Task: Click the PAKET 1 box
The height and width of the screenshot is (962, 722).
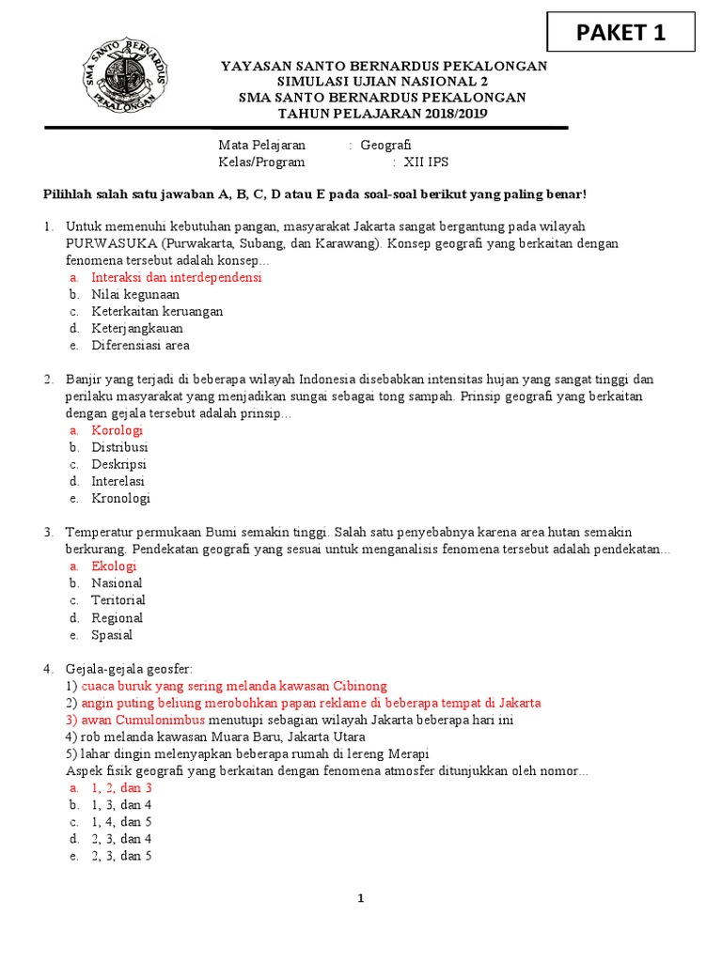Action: (x=620, y=32)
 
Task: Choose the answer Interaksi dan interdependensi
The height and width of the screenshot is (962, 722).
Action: (x=177, y=277)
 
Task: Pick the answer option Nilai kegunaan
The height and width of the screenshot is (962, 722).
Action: (x=135, y=294)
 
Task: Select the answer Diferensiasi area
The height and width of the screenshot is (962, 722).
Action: (x=140, y=345)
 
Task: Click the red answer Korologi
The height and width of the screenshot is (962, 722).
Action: (x=117, y=430)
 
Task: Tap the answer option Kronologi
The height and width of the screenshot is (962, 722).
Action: (x=120, y=498)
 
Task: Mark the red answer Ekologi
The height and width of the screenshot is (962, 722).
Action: (x=114, y=566)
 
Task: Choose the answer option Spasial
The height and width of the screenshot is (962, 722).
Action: (x=112, y=634)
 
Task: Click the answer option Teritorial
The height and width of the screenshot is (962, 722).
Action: (x=118, y=600)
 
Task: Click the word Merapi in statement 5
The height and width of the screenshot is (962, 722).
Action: (x=407, y=753)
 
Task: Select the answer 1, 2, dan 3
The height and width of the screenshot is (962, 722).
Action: (x=121, y=788)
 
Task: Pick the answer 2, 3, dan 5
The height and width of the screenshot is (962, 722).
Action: (x=121, y=856)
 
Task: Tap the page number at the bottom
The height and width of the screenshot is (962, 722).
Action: (x=360, y=899)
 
